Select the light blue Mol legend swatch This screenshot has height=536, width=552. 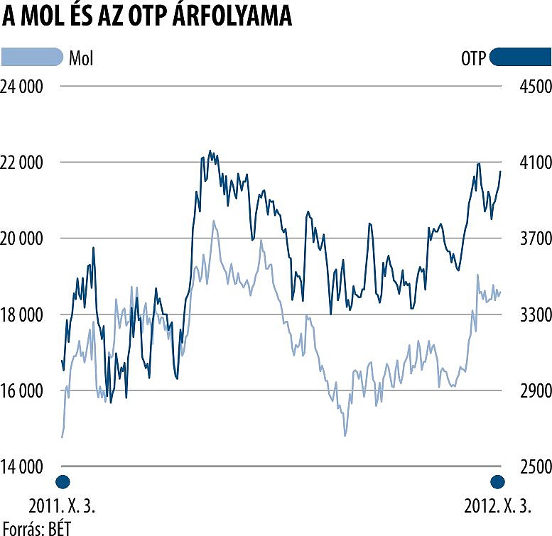pyautogui.click(x=33, y=57)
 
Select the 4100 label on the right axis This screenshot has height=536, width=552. pyautogui.click(x=526, y=163)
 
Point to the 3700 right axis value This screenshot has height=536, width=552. pyautogui.click(x=526, y=239)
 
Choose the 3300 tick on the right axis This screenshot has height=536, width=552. pyautogui.click(x=526, y=315)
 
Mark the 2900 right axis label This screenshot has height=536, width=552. pyautogui.click(x=526, y=391)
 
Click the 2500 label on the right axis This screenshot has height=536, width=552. pyautogui.click(x=526, y=467)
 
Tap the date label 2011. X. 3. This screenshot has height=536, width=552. pyautogui.click(x=62, y=506)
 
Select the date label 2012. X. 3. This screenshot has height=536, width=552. pyautogui.click(x=497, y=506)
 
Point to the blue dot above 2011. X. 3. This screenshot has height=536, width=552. pyautogui.click(x=63, y=481)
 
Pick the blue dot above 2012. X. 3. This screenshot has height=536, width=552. pyautogui.click(x=497, y=481)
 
